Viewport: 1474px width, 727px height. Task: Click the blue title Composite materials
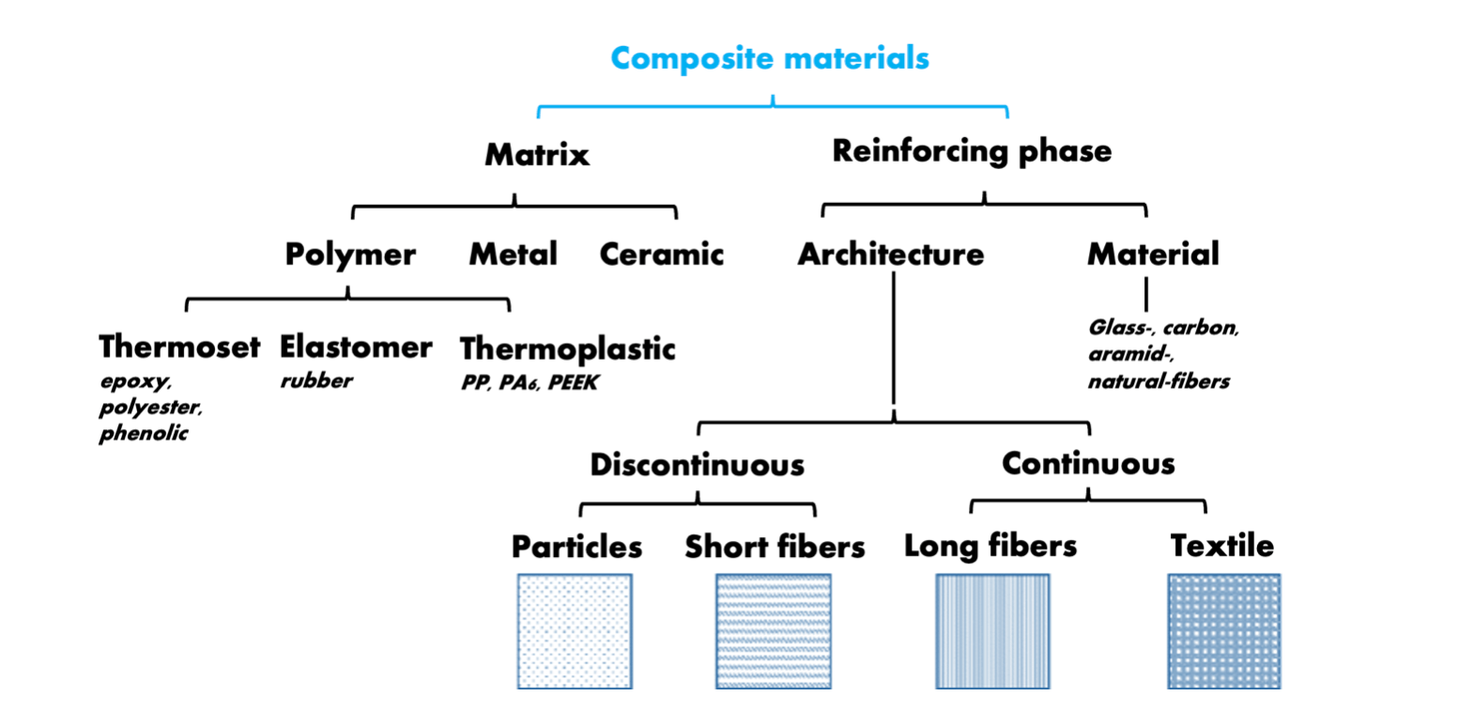[x=770, y=58]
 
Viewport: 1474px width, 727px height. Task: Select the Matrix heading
[x=537, y=154]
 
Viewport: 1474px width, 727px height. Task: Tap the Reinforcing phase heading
[x=972, y=150]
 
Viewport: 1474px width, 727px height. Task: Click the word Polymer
[x=350, y=255]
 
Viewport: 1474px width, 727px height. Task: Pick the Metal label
[x=513, y=254]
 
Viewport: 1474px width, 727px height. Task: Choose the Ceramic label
[x=661, y=254]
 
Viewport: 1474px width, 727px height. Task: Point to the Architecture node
[x=890, y=254]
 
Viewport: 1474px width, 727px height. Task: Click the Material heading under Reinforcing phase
[x=1153, y=254]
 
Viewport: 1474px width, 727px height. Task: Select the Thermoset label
[x=179, y=347]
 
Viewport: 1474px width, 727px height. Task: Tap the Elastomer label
[x=356, y=347]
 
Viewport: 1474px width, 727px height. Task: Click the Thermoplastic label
[x=567, y=348]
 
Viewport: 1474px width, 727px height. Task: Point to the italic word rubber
[x=316, y=380]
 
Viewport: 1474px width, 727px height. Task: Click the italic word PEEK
[x=574, y=382]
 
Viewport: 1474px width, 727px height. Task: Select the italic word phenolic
[x=144, y=433]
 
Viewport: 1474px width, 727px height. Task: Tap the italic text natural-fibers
[x=1159, y=381]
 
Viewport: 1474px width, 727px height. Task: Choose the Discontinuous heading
[x=697, y=465]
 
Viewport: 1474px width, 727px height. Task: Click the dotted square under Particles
[x=575, y=631]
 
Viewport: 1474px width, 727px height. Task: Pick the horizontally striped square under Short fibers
[x=773, y=631]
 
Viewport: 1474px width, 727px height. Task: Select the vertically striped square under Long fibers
[x=992, y=631]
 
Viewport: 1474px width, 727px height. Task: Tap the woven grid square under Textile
[x=1223, y=631]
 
